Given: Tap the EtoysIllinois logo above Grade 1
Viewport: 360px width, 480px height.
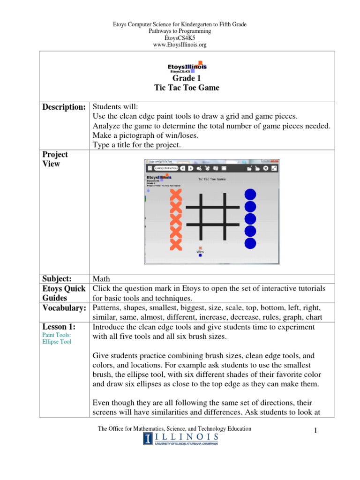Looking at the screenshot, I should pos(187,67).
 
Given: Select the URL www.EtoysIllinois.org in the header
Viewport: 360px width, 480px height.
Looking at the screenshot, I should pos(180,45).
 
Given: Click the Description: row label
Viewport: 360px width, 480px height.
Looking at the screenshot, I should pos(64,107).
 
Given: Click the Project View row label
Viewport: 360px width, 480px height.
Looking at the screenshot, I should pos(55,159).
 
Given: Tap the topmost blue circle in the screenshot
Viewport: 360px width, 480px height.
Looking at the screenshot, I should pos(250,194).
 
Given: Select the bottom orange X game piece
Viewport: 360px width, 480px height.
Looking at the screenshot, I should pos(175,244).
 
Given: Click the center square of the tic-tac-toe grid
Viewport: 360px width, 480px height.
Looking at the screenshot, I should pos(206,216).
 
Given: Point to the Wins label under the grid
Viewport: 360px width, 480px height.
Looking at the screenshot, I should pos(200,252).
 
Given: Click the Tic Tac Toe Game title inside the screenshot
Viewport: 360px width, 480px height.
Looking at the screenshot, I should pos(212,179).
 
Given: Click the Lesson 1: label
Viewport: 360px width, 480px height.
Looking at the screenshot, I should pos(59,327).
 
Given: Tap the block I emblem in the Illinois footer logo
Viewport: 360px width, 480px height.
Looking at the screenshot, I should pos(148,438).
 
